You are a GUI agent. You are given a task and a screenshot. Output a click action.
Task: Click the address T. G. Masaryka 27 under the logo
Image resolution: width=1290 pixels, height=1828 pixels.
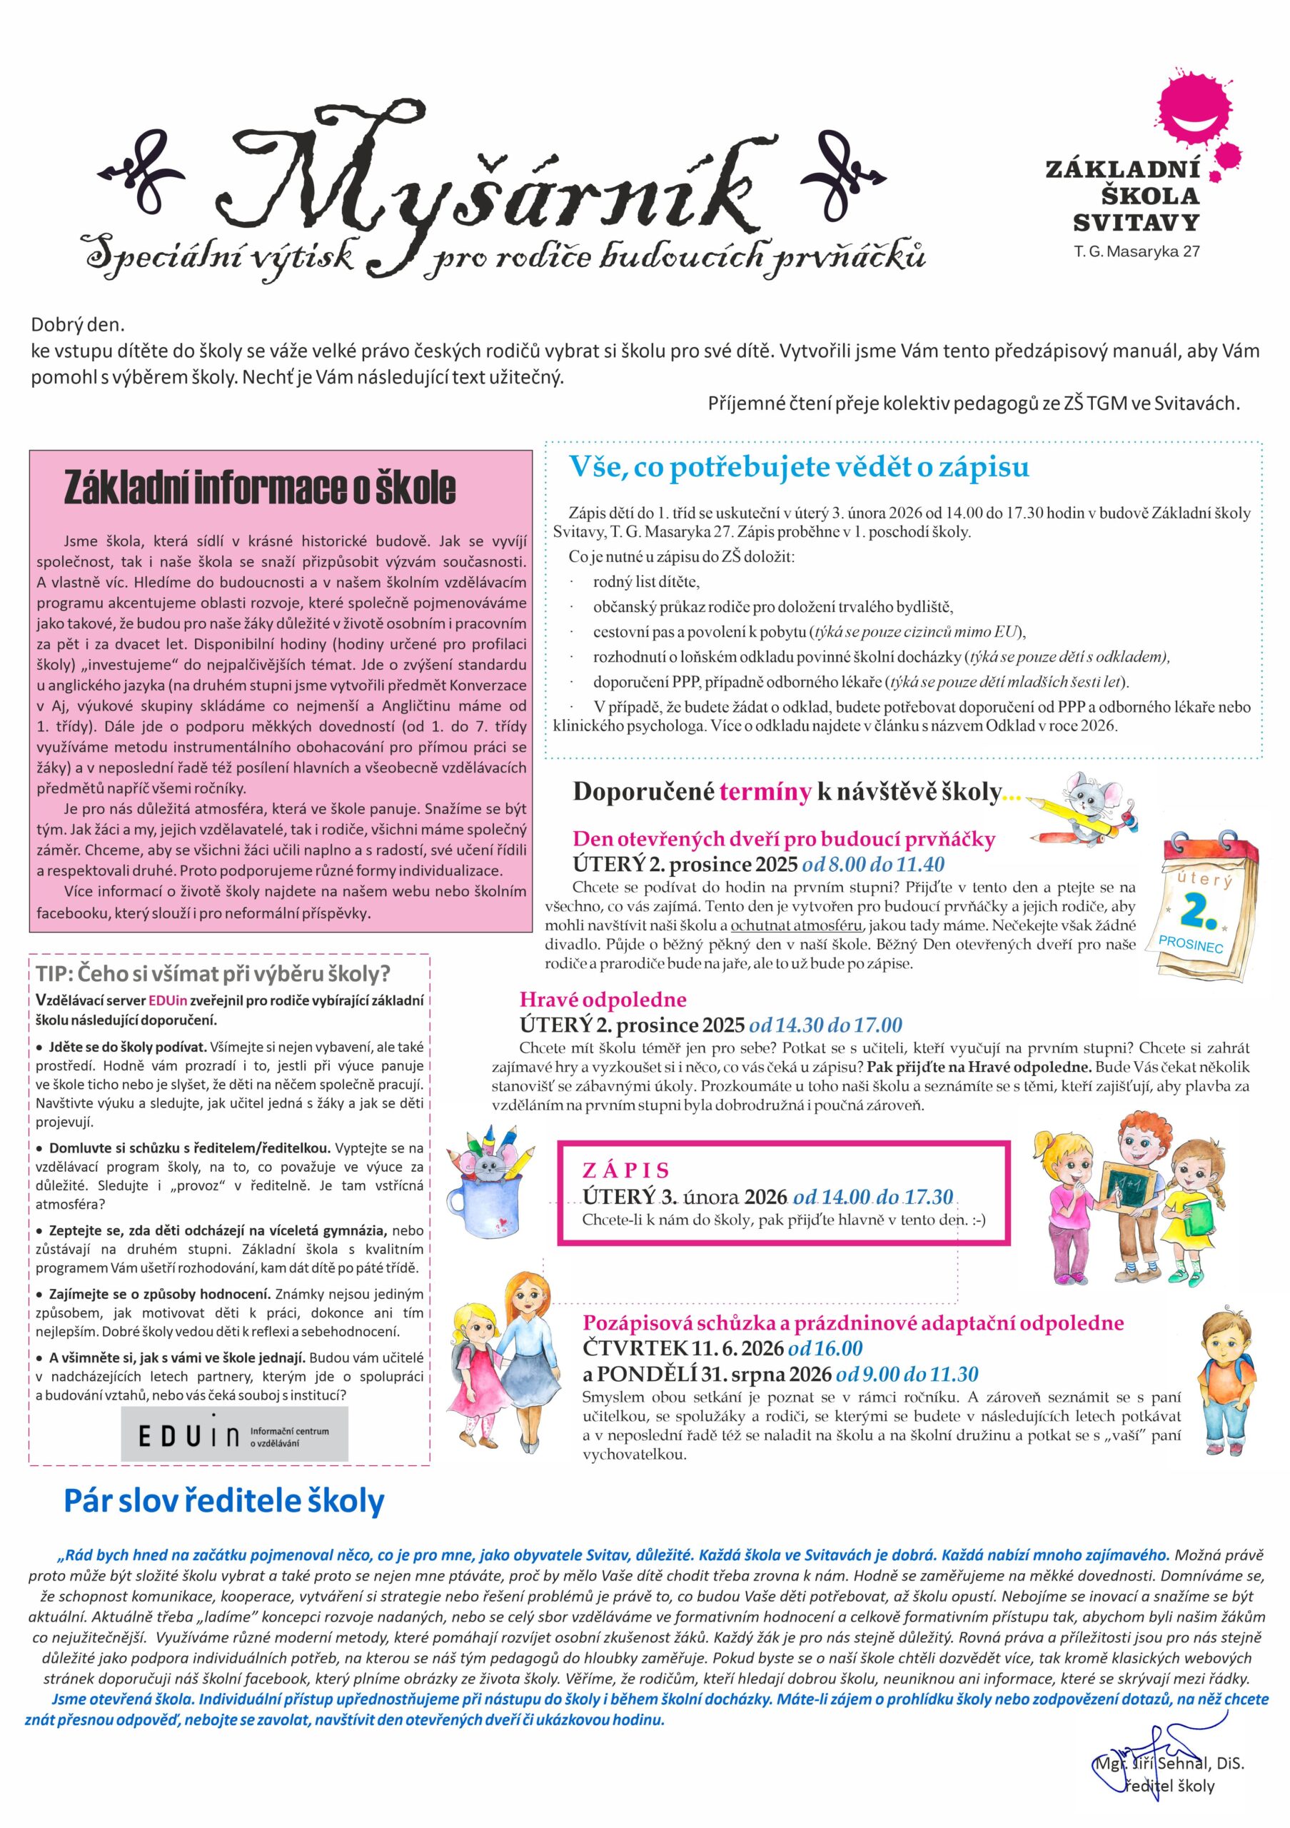click(1137, 252)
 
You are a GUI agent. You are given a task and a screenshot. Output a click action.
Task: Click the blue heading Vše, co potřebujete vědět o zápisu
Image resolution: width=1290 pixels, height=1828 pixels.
click(798, 466)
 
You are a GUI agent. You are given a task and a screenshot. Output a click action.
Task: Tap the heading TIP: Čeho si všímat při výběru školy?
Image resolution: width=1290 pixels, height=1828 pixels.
click(213, 974)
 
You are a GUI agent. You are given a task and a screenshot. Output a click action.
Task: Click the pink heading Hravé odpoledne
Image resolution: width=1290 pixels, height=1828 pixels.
click(603, 1000)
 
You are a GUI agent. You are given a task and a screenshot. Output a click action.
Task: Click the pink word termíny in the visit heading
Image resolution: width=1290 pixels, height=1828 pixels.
click(765, 792)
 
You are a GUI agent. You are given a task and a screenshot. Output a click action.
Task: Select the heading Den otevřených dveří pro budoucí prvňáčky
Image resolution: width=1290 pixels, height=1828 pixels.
click(784, 838)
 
